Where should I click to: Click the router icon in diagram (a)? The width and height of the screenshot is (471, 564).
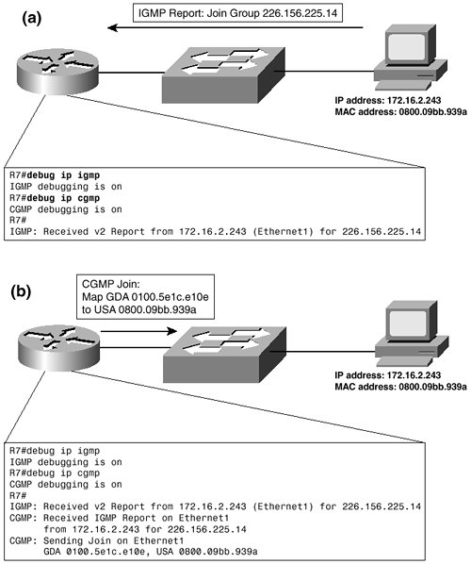tap(57, 73)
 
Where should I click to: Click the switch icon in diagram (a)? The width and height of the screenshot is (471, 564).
tap(223, 75)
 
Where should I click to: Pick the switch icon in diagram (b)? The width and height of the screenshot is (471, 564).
tap(225, 355)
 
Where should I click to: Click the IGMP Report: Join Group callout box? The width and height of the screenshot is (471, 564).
tap(237, 13)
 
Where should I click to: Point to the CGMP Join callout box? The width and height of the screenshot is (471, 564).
tap(145, 297)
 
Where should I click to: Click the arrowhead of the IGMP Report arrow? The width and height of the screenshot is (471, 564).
tap(113, 27)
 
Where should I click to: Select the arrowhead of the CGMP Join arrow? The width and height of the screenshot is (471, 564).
tap(172, 331)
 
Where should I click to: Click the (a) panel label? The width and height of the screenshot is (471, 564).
tap(32, 18)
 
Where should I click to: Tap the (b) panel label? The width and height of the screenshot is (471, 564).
tap(21, 291)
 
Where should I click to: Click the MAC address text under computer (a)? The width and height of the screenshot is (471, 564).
tap(401, 111)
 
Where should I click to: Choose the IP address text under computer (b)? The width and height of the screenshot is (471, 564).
tap(388, 375)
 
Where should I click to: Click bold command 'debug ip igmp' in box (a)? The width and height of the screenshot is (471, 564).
tap(64, 175)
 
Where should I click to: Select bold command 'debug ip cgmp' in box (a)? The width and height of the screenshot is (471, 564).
tap(64, 198)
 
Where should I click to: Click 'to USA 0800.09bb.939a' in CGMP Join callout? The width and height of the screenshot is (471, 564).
tap(139, 309)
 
